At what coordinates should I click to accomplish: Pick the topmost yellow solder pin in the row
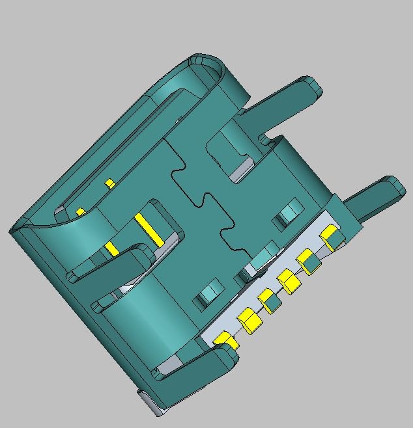tap(330, 233)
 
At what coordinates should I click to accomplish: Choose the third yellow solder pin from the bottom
tap(267, 299)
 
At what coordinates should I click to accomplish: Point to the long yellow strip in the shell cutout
tap(149, 230)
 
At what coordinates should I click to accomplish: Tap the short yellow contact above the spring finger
tap(111, 248)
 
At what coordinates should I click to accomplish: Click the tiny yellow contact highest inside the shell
tap(110, 183)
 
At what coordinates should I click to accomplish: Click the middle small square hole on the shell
tap(263, 255)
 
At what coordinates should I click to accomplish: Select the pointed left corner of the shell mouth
tap(13, 228)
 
